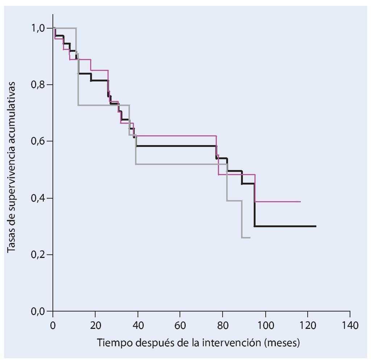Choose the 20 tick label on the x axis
tap(95, 324)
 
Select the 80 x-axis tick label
tap(223, 324)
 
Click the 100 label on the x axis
tap(265, 324)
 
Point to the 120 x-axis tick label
tap(308, 324)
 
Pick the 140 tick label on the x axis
tap(350, 324)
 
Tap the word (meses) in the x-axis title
tap(286, 343)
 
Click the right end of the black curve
tap(316, 226)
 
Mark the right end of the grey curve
tap(250, 238)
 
